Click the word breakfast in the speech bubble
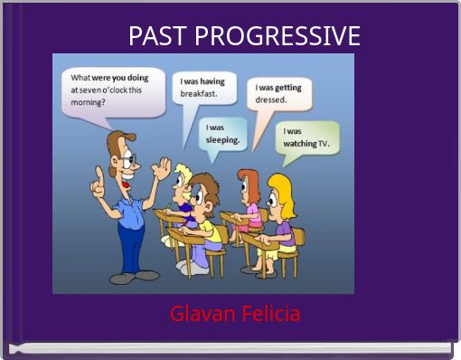click(x=199, y=93)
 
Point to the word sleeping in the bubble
click(x=222, y=140)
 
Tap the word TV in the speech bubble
click(x=324, y=144)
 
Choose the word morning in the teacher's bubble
click(x=89, y=102)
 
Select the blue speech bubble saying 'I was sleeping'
click(x=221, y=135)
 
